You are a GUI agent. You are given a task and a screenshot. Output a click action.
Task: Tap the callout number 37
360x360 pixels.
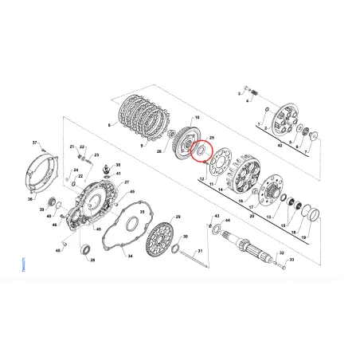tap(35, 142)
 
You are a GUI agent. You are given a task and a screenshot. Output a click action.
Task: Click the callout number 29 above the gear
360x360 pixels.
tap(177, 217)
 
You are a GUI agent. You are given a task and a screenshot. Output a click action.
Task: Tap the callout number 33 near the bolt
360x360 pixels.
tap(291, 260)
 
